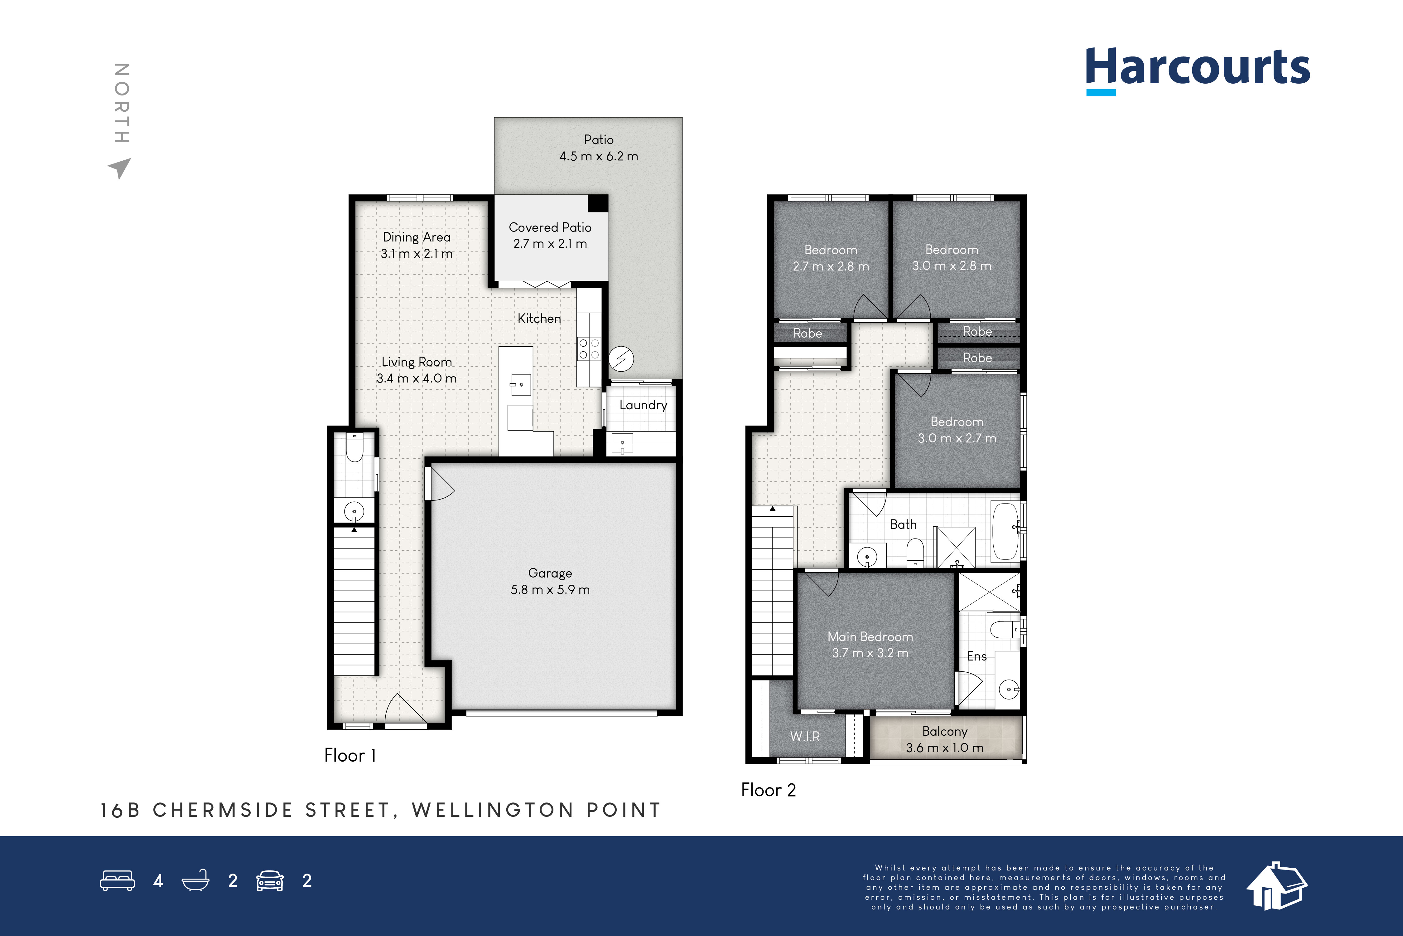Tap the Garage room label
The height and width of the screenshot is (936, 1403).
[x=550, y=573]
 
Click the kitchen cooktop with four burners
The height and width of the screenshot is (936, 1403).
[x=589, y=349]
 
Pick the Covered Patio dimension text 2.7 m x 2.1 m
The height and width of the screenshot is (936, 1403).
[x=550, y=244]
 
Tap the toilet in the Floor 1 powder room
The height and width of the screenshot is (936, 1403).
[x=354, y=448]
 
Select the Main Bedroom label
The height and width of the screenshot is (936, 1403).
[x=870, y=637]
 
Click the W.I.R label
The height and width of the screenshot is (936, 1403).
[x=805, y=737]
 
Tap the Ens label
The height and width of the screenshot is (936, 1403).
[x=976, y=656]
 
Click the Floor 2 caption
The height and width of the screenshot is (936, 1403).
[x=768, y=790]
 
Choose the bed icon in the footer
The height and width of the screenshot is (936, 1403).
[x=118, y=880]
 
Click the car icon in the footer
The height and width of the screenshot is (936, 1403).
[x=270, y=880]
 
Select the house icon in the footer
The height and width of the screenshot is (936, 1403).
[x=1276, y=886]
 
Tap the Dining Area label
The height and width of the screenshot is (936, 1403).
[x=416, y=237]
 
